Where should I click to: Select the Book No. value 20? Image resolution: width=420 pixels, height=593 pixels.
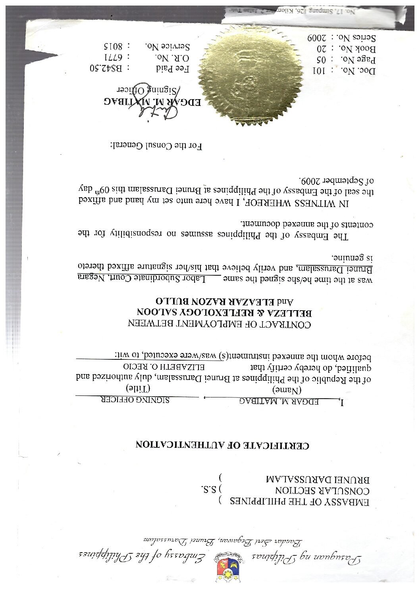click(320, 49)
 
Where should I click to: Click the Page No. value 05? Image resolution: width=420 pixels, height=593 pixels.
click(320, 60)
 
